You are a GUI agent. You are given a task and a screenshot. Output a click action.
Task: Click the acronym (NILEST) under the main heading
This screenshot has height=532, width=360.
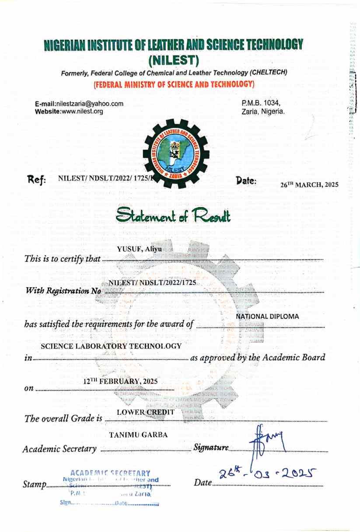pos(174,58)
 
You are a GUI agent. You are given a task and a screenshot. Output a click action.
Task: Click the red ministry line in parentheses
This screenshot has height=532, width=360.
pos(174,84)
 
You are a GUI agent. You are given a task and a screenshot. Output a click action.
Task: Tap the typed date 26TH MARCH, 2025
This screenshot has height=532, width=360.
pos(309,184)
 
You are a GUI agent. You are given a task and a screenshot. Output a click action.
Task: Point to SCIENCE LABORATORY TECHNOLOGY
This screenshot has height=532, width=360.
pos(111,346)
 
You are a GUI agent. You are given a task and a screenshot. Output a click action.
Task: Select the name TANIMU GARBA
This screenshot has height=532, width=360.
pos(138,435)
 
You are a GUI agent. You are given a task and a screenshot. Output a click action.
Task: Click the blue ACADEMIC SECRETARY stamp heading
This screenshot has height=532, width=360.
pos(110,473)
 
